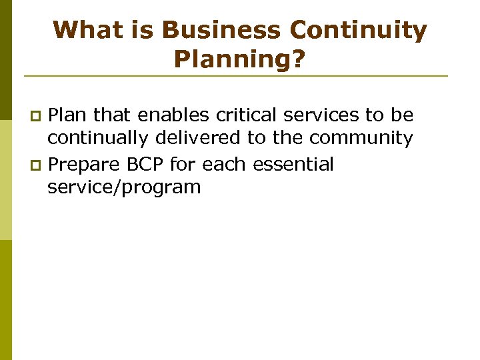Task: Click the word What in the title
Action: pyautogui.click(x=85, y=31)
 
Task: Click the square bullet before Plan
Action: pyautogui.click(x=39, y=117)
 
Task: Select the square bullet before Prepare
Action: pyautogui.click(x=39, y=165)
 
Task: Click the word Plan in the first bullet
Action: pyautogui.click(x=69, y=115)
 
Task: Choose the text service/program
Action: pyautogui.click(x=124, y=187)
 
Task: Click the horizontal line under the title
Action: pyautogui.click(x=240, y=75)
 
